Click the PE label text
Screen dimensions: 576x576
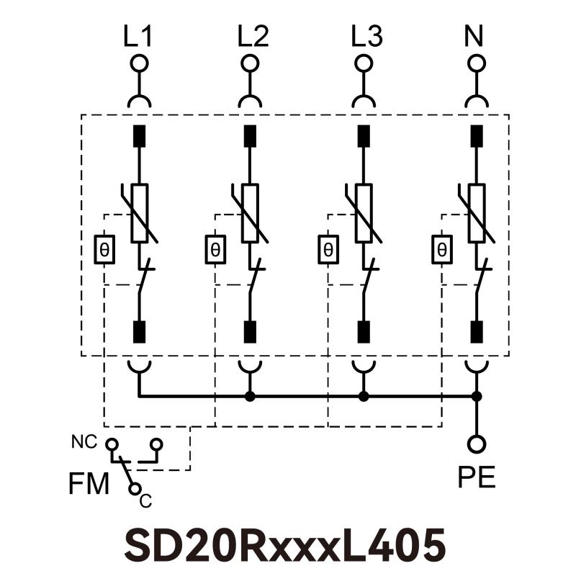tap(477, 477)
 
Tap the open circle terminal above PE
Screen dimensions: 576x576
tap(476, 444)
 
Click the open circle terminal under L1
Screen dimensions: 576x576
tap(140, 63)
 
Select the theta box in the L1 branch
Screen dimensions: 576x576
tap(105, 250)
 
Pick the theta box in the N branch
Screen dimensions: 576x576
tap(441, 250)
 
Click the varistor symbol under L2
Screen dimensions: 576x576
tap(251, 213)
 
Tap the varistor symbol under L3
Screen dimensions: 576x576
tap(364, 213)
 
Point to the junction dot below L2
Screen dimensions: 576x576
tap(251, 396)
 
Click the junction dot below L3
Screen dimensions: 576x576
tap(364, 396)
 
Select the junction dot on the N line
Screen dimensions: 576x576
tap(476, 396)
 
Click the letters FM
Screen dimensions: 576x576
tap(89, 485)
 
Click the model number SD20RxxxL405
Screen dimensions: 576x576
tap(285, 545)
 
